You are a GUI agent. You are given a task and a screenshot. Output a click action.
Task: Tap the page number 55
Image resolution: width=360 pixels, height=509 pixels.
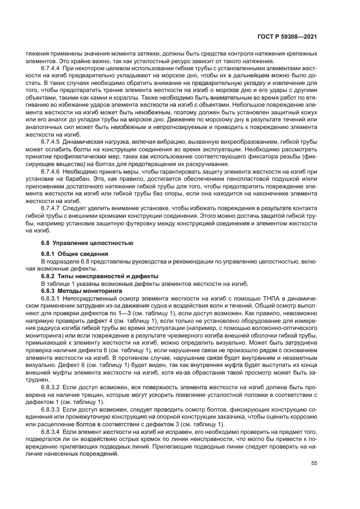coord(314,464)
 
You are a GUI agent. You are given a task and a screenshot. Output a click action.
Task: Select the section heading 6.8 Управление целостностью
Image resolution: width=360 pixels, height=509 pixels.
coord(80,242)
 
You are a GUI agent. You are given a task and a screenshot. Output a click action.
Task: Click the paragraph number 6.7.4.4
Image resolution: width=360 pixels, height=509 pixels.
coord(51,69)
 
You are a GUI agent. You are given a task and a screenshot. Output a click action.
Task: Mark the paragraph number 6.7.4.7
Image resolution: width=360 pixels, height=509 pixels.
coord(51,208)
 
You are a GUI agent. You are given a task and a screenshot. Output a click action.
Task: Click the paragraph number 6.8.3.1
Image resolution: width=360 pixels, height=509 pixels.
coord(51,299)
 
